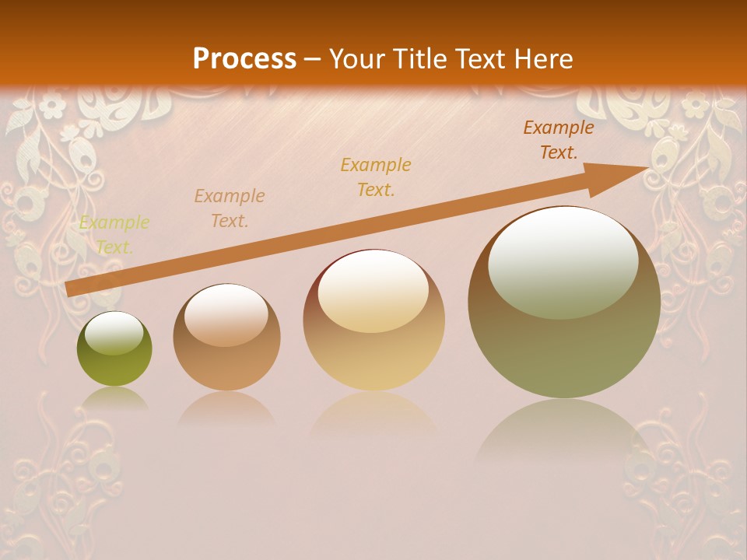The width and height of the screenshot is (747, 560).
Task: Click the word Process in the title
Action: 244,59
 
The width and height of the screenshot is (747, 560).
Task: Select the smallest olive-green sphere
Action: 114,349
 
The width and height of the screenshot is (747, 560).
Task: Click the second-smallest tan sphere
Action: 226,338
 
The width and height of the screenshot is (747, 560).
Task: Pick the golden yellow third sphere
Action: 373,320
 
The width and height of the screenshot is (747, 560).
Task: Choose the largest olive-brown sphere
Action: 564,302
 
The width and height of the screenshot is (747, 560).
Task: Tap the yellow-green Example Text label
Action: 114,235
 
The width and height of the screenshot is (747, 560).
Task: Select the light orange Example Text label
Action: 230,208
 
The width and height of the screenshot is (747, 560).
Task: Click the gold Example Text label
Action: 376,177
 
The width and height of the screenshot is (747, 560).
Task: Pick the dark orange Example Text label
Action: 559,140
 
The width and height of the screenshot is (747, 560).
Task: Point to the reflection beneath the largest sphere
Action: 564,428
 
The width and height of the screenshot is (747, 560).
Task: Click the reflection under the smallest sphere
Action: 114,398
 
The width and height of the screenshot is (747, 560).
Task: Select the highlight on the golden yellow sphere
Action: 373,291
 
